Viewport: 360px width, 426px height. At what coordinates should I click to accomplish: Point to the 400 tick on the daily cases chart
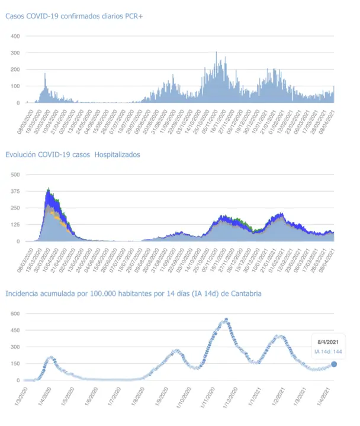(x=16, y=37)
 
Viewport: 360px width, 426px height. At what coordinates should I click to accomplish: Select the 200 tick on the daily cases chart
(x=16, y=70)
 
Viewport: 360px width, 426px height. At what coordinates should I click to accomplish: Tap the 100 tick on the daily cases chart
(x=16, y=86)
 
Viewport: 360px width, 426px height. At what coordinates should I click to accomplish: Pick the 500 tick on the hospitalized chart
(x=16, y=175)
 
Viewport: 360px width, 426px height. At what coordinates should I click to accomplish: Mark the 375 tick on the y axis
(x=16, y=191)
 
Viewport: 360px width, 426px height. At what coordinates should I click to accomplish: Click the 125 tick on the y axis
(x=16, y=225)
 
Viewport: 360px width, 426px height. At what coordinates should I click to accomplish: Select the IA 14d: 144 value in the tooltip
(x=327, y=352)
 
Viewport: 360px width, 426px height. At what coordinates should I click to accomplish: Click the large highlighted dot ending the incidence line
(x=334, y=364)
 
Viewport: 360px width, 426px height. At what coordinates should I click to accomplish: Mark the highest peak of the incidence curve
(x=226, y=320)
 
